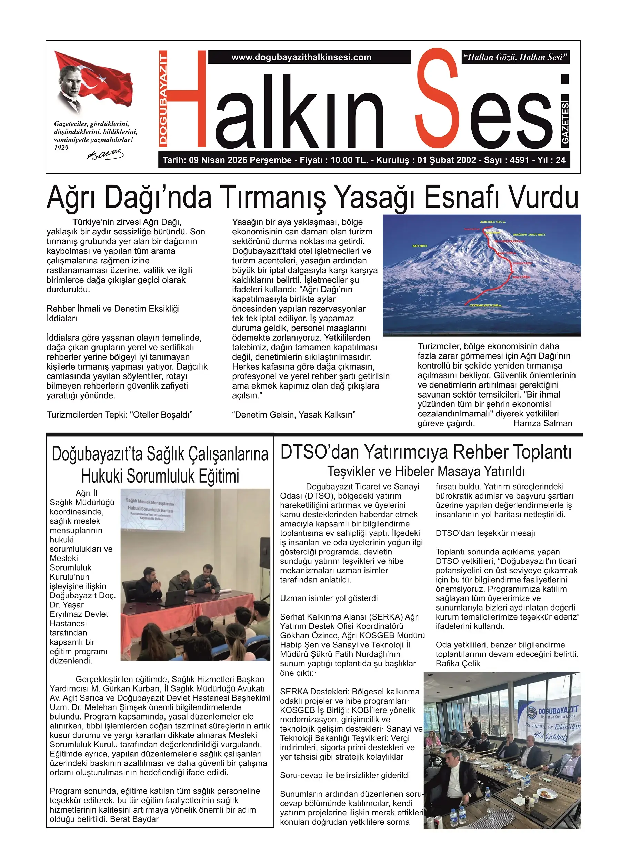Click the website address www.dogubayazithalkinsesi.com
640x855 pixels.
[301, 57]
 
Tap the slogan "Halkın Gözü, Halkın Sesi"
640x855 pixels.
[515, 57]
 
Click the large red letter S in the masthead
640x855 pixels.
[437, 101]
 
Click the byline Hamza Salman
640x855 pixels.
[542, 423]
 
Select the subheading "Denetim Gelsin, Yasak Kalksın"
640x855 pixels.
[293, 415]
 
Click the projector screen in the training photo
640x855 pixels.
[155, 508]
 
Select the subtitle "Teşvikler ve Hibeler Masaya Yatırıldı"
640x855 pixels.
[426, 471]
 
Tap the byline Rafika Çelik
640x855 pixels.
[458, 663]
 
